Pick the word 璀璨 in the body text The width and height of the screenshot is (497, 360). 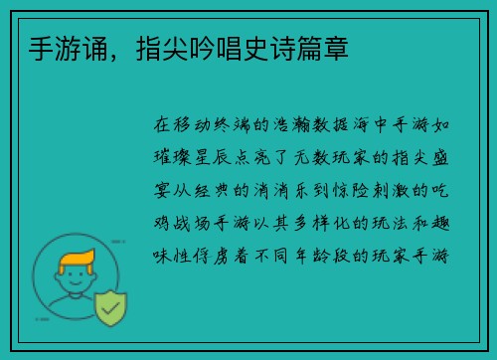coord(174,157)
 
